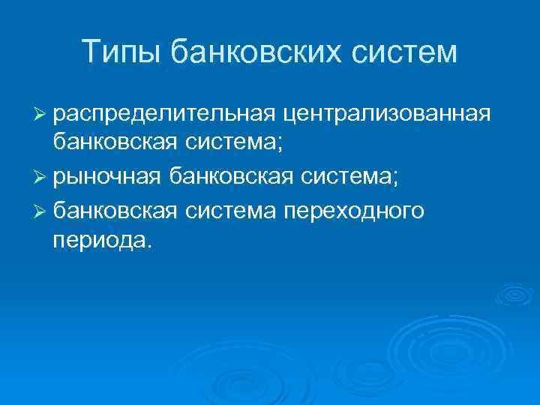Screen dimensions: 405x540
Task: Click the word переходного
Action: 354,209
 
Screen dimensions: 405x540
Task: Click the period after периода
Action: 148,246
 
